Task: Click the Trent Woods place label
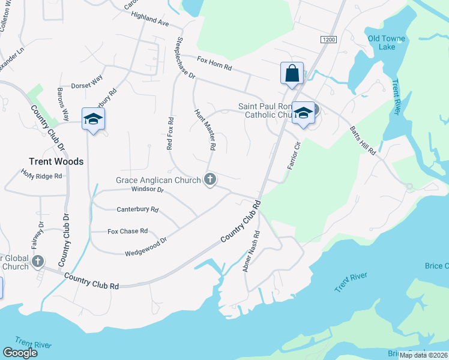coord(56,161)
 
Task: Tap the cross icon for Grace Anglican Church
coord(210,179)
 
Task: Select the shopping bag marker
coord(292,74)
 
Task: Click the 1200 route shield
coord(328,39)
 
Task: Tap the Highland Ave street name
coord(149,20)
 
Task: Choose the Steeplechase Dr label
coord(184,59)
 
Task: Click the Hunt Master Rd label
coord(205,130)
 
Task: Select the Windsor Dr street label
coord(147,190)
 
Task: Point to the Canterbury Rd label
coord(137,210)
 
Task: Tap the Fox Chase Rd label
coord(127,231)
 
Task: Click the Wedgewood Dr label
coord(145,246)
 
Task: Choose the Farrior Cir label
coord(294,155)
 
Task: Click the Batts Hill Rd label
coord(365,142)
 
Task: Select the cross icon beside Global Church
coord(38,261)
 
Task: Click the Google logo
coord(20,353)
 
